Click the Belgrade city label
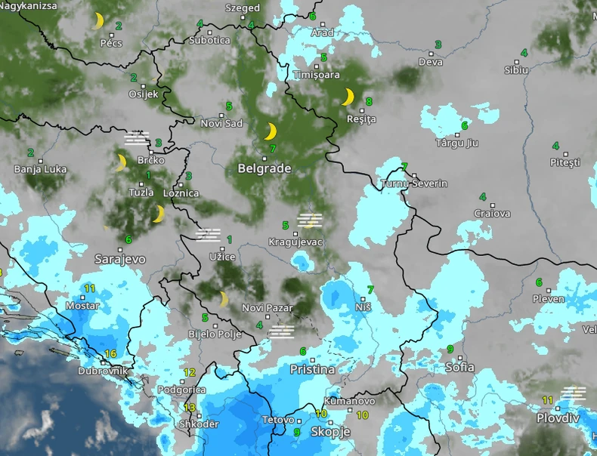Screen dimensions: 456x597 pyautogui.click(x=264, y=169)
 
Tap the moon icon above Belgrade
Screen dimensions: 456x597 pyautogui.click(x=270, y=132)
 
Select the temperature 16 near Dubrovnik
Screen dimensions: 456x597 pyautogui.click(x=110, y=354)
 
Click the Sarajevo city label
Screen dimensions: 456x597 pyautogui.click(x=120, y=259)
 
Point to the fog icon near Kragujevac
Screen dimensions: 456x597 pyautogui.click(x=308, y=220)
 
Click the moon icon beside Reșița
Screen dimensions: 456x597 pyautogui.click(x=348, y=97)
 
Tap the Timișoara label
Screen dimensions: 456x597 pyautogui.click(x=316, y=75)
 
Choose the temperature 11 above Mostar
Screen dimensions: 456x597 pyautogui.click(x=89, y=288)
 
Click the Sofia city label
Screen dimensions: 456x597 pyautogui.click(x=460, y=368)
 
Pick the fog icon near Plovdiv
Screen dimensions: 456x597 pyautogui.click(x=574, y=393)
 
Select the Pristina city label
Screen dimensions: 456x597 pyautogui.click(x=312, y=370)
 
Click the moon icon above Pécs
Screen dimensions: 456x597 pyautogui.click(x=98, y=20)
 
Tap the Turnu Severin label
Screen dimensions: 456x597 pyautogui.click(x=414, y=184)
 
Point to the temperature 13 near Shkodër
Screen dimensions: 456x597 pyautogui.click(x=189, y=408)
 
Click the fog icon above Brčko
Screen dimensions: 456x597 pyautogui.click(x=137, y=137)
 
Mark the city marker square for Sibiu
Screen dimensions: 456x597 pyautogui.click(x=518, y=61)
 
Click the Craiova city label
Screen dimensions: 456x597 pyautogui.click(x=492, y=214)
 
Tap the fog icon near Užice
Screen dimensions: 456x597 pyautogui.click(x=208, y=235)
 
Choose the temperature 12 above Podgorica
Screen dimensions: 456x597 pyautogui.click(x=190, y=372)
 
